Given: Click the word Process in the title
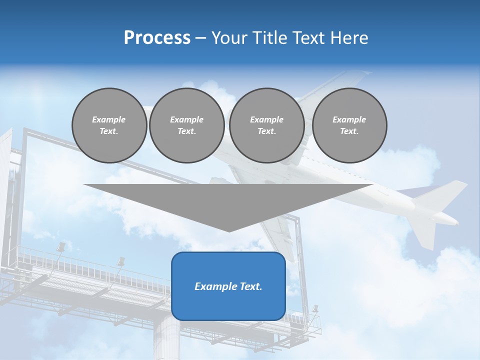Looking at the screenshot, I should click(157, 38).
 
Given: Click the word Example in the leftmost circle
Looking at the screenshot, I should click(109, 119).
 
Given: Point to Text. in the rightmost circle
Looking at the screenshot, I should click(349, 131).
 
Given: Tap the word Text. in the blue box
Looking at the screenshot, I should click(250, 286).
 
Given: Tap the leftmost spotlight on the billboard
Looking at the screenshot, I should click(61, 246).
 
